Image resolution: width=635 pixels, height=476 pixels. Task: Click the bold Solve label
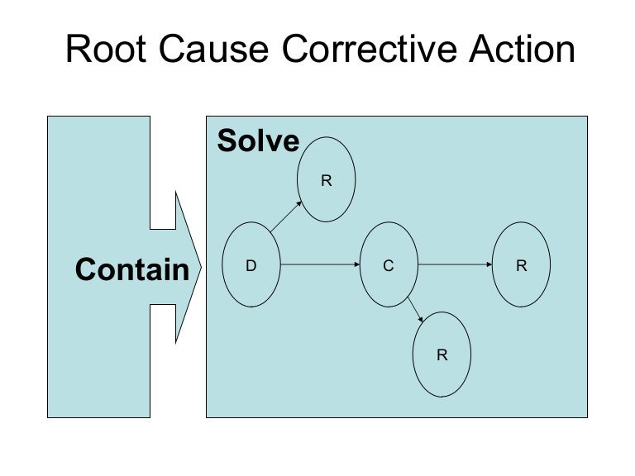[258, 142]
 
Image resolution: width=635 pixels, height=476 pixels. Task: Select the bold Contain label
[132, 269]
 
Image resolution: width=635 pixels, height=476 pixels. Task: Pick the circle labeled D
[251, 265]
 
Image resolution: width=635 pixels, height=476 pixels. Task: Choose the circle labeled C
[388, 265]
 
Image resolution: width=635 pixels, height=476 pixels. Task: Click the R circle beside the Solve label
[327, 180]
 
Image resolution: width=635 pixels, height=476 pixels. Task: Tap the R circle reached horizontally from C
[521, 265]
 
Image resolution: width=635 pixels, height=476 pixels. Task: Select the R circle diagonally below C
[442, 355]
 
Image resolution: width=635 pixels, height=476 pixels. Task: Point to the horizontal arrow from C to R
[455, 265]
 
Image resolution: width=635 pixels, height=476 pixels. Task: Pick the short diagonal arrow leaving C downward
[415, 310]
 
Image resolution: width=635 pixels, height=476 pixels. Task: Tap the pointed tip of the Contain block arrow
[199, 266]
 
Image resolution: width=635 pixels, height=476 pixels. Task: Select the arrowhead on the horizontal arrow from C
[489, 265]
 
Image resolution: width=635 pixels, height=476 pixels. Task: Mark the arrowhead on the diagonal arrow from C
[423, 321]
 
